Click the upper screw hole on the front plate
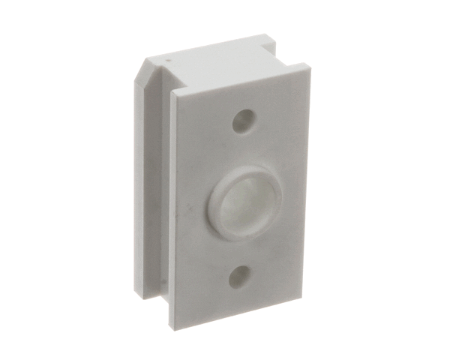pyautogui.click(x=241, y=121)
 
